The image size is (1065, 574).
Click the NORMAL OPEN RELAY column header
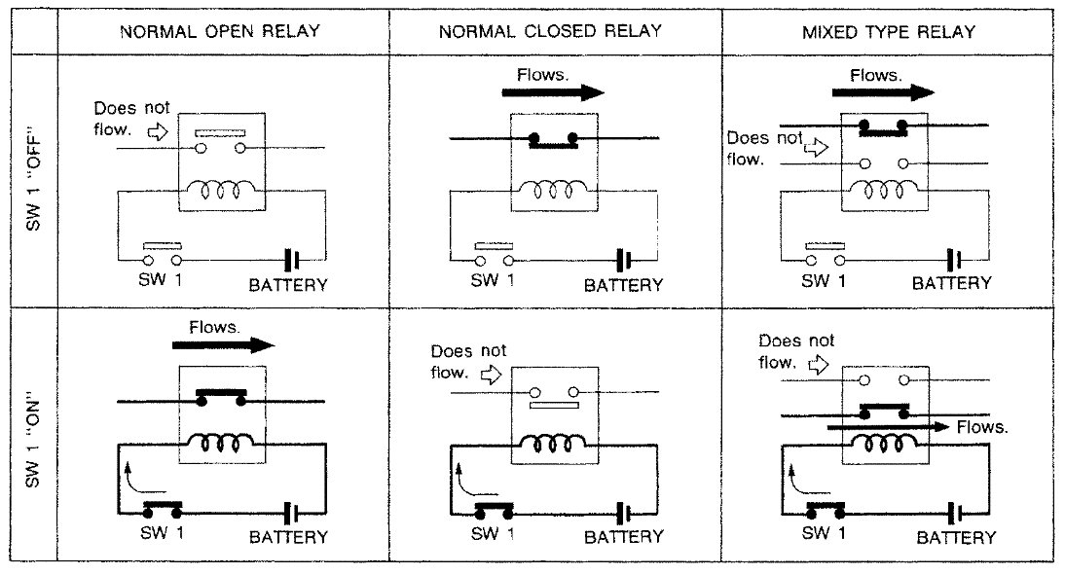click(x=220, y=31)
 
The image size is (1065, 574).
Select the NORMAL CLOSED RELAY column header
click(x=550, y=31)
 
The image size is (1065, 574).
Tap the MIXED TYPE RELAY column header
click(x=888, y=31)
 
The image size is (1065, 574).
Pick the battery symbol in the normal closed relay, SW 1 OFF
click(x=623, y=260)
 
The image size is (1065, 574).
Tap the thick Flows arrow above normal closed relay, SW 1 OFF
click(x=552, y=93)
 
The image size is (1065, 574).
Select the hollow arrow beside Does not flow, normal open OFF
click(x=157, y=128)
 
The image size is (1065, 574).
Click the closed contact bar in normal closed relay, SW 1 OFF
click(x=553, y=140)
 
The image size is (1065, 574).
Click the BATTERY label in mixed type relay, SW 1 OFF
click(x=951, y=283)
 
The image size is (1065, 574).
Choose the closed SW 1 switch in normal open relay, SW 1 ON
click(x=163, y=508)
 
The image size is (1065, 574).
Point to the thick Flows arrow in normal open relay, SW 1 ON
click(x=223, y=344)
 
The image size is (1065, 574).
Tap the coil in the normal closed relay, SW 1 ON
click(x=552, y=445)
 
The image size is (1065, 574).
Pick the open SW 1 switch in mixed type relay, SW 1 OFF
click(x=824, y=256)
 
